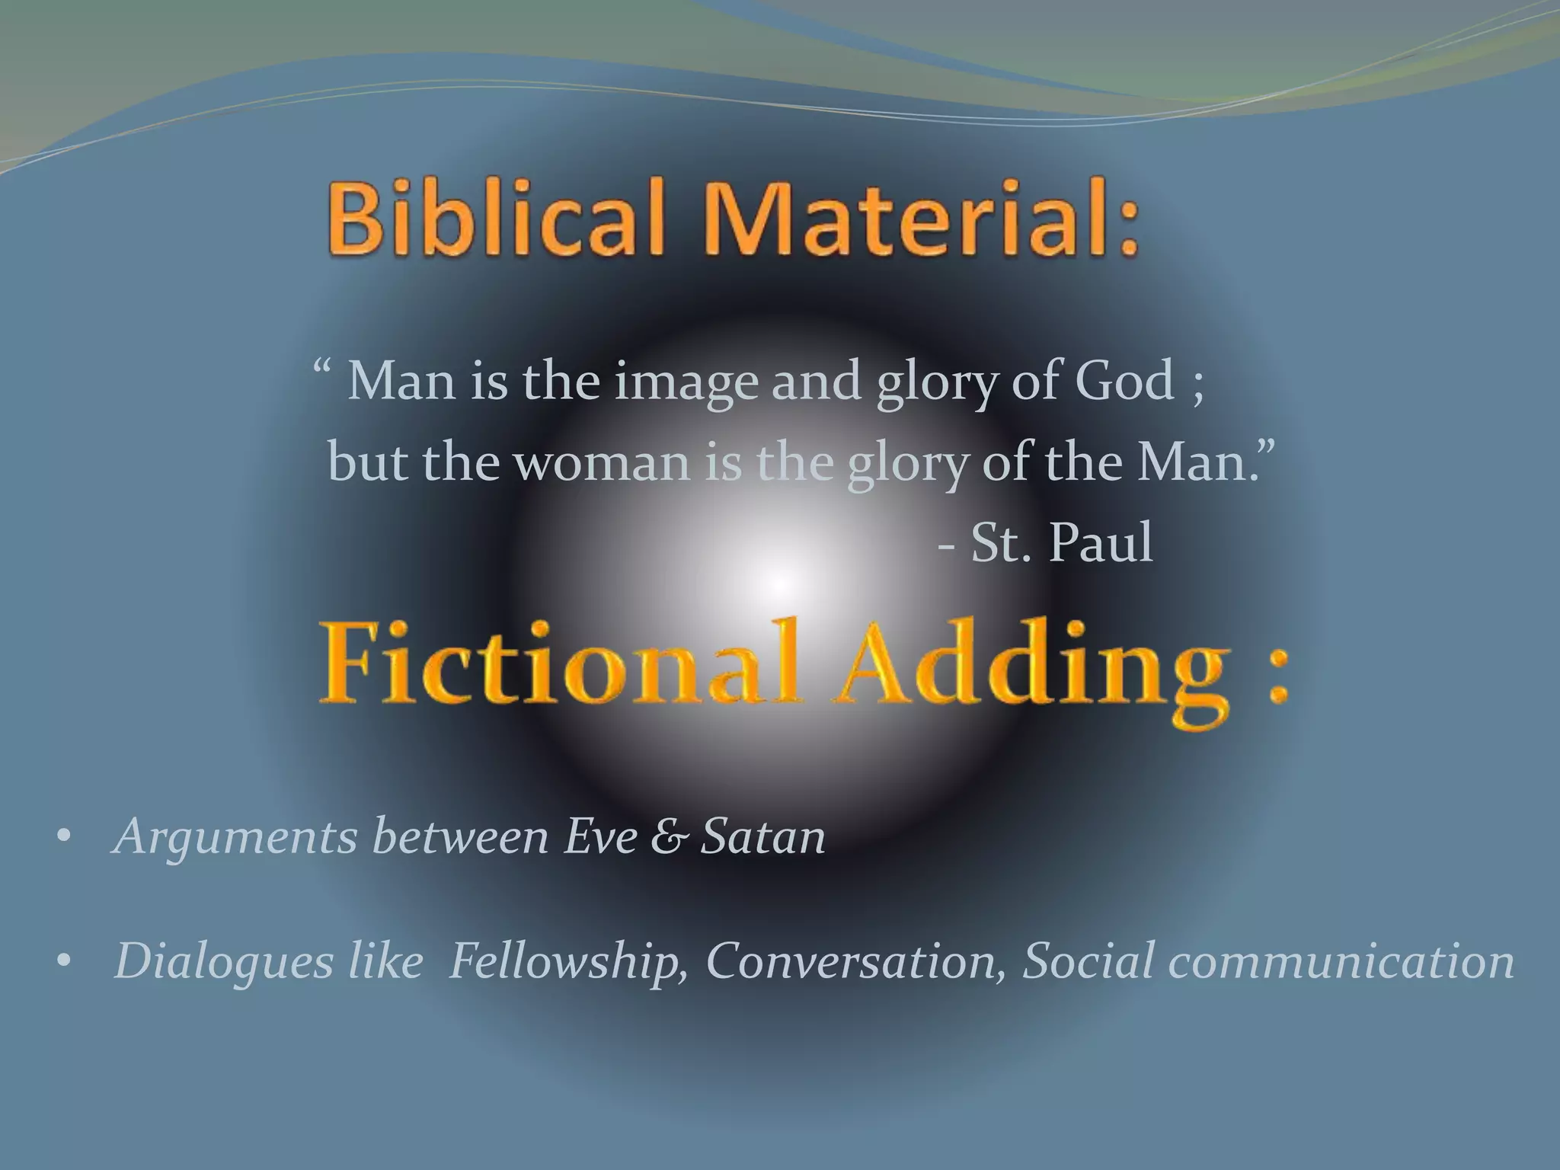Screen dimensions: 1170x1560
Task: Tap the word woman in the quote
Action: (x=602, y=462)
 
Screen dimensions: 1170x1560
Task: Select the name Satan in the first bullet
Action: (x=763, y=836)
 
